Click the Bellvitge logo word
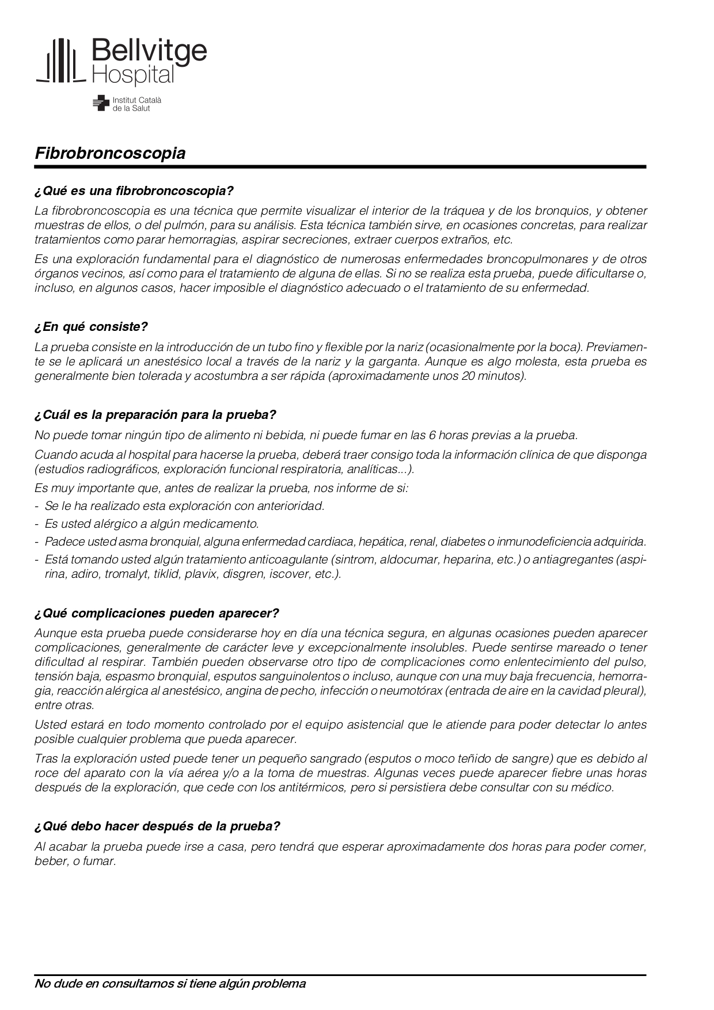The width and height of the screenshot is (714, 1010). click(x=149, y=52)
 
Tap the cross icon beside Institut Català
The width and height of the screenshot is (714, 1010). click(x=101, y=103)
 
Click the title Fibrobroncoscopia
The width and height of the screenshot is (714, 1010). click(x=110, y=154)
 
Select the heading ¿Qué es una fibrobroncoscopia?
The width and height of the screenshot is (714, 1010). click(x=134, y=190)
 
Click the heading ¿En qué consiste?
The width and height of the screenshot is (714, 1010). click(x=91, y=327)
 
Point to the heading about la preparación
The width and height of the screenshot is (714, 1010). click(x=155, y=415)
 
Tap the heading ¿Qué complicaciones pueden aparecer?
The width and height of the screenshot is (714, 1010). click(x=157, y=613)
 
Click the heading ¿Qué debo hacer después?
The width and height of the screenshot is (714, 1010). click(x=157, y=826)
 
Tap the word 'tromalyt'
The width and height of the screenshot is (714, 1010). click(x=124, y=574)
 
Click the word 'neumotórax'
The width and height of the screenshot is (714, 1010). click(x=410, y=691)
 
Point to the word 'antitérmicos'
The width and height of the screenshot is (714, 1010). click(x=313, y=787)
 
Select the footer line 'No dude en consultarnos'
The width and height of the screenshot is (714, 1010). click(x=170, y=984)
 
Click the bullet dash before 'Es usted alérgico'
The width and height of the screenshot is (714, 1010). click(x=37, y=524)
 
